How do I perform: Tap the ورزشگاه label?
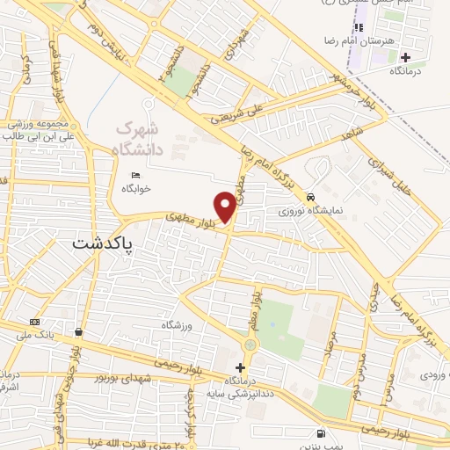(x=176, y=325)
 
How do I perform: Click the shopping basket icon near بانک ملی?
(x=79, y=332)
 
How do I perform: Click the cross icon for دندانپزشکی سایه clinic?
(x=240, y=367)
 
